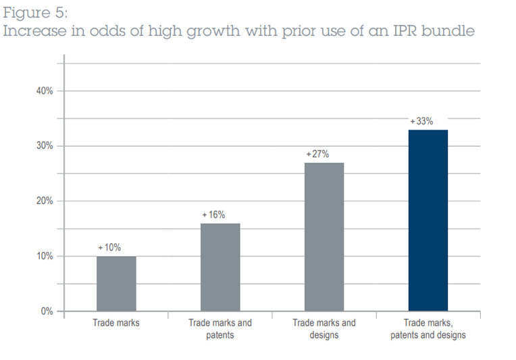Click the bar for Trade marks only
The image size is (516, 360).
tap(116, 284)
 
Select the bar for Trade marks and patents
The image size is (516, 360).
tap(220, 267)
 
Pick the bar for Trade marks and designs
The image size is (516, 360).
tap(324, 237)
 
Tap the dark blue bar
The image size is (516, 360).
tap(428, 220)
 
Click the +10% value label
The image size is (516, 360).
tap(109, 248)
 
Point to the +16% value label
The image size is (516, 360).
tap(213, 215)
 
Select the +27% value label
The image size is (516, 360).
tap(317, 154)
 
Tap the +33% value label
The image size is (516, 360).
tap(421, 121)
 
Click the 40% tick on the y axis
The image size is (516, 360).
tap(45, 91)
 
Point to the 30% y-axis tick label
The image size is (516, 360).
tap(45, 146)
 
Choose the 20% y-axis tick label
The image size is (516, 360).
tap(45, 201)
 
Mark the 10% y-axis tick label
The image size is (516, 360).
tap(45, 257)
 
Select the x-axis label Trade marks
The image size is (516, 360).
tap(116, 323)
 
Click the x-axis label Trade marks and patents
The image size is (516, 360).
tap(220, 328)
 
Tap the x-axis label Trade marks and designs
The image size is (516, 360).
tap(324, 328)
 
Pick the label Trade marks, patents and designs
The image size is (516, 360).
tap(428, 328)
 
